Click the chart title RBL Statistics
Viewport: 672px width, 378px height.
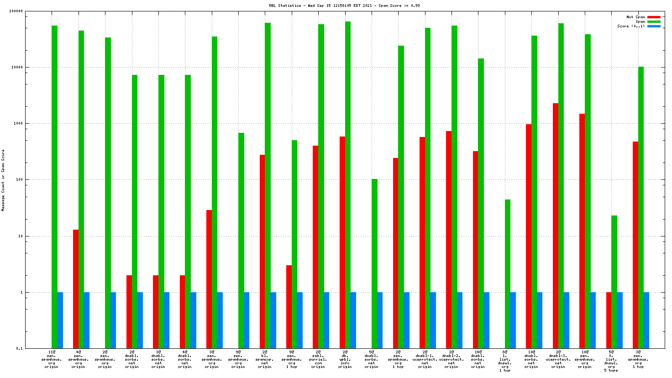(344, 6)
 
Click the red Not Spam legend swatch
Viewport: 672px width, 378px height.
(654, 17)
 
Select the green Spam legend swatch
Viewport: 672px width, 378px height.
(654, 21)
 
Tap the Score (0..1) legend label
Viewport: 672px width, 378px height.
(631, 26)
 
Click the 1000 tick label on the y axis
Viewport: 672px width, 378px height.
(19, 124)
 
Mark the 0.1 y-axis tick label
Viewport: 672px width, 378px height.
(20, 349)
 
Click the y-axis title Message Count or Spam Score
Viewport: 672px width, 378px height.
(3, 180)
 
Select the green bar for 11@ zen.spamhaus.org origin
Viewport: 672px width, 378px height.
(54, 183)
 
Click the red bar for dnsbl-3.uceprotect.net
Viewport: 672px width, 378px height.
(556, 226)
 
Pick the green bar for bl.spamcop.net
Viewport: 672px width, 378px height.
(268, 183)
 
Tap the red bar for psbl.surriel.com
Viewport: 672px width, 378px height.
(315, 247)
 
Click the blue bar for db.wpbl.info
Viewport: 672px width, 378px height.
(353, 320)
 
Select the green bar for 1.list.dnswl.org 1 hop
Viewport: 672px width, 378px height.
(508, 274)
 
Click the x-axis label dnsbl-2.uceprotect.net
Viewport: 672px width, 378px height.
(451, 359)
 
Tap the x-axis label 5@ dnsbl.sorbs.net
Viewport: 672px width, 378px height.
(372, 359)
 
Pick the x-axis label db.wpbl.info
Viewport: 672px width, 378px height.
(345, 359)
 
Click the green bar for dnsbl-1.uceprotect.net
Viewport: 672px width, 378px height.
(428, 187)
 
